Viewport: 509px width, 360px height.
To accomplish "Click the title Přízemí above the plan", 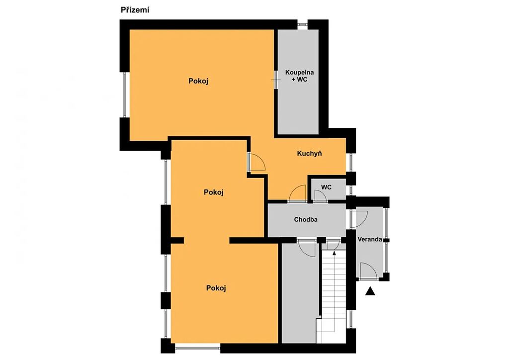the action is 135,10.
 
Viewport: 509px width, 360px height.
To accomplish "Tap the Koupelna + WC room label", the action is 299,76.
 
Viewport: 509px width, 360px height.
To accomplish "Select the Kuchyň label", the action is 309,153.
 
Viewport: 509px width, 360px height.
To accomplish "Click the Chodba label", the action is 306,219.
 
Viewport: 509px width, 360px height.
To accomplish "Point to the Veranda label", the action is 370,240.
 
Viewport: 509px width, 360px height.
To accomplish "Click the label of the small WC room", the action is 326,187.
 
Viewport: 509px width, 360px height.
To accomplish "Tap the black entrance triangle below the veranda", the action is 370,291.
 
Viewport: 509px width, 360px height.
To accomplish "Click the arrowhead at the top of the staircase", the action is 335,252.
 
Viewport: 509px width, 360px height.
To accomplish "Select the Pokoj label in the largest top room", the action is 198,81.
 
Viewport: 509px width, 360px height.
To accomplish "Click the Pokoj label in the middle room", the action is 214,192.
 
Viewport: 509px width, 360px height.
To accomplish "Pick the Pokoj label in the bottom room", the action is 216,288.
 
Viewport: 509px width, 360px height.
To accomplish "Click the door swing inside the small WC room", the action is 320,196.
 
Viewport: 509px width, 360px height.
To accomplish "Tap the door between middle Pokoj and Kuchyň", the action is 256,162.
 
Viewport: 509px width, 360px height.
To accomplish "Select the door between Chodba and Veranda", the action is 359,219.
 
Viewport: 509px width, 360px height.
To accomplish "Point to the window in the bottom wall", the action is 197,349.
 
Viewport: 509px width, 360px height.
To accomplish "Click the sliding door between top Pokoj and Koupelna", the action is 275,80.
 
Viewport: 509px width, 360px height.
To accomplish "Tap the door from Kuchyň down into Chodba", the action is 297,193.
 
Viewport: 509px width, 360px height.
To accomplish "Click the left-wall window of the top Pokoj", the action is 124,94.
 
